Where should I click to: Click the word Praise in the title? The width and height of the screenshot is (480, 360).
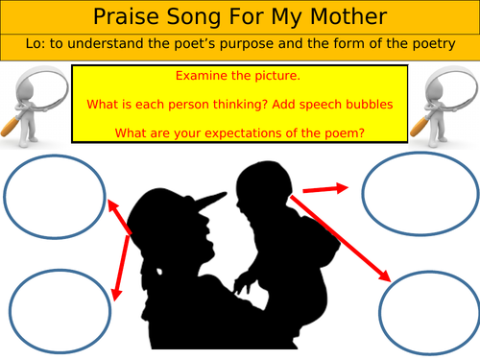click(x=122, y=17)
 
